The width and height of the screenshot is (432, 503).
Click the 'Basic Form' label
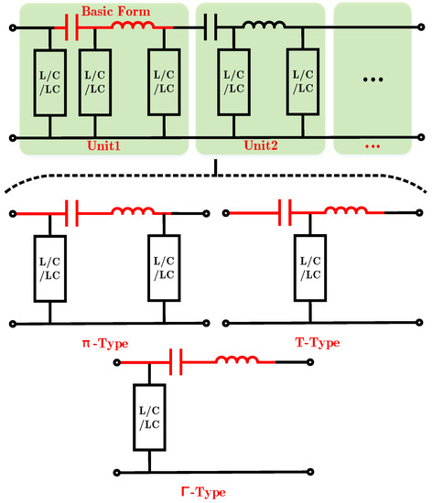[113, 12]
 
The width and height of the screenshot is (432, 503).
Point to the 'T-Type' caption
[318, 342]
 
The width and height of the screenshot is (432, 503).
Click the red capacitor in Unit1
[73, 28]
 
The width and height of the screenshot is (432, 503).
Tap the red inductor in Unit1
[131, 27]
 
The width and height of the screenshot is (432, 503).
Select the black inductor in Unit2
[265, 27]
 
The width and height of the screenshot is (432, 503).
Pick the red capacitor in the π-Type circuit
[73, 214]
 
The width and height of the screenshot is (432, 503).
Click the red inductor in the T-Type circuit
[348, 213]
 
